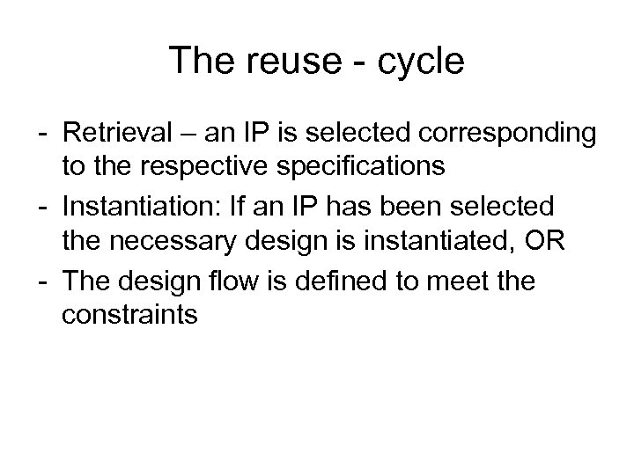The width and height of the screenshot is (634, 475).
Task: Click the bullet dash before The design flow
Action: (42, 281)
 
